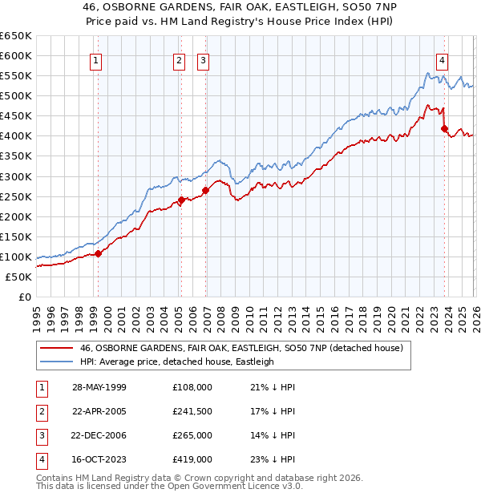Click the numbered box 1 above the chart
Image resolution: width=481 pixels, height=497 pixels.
pos(95,60)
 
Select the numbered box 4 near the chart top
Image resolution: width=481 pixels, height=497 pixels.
pos(442,60)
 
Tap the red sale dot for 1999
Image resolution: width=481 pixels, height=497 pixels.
pos(99,253)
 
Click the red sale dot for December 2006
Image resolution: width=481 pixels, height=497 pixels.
pos(206,190)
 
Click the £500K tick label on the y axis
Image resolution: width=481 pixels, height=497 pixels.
pos(16,95)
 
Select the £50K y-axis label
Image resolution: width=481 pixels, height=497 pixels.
pos(18,277)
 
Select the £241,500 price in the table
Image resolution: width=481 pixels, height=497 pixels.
pos(192,411)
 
